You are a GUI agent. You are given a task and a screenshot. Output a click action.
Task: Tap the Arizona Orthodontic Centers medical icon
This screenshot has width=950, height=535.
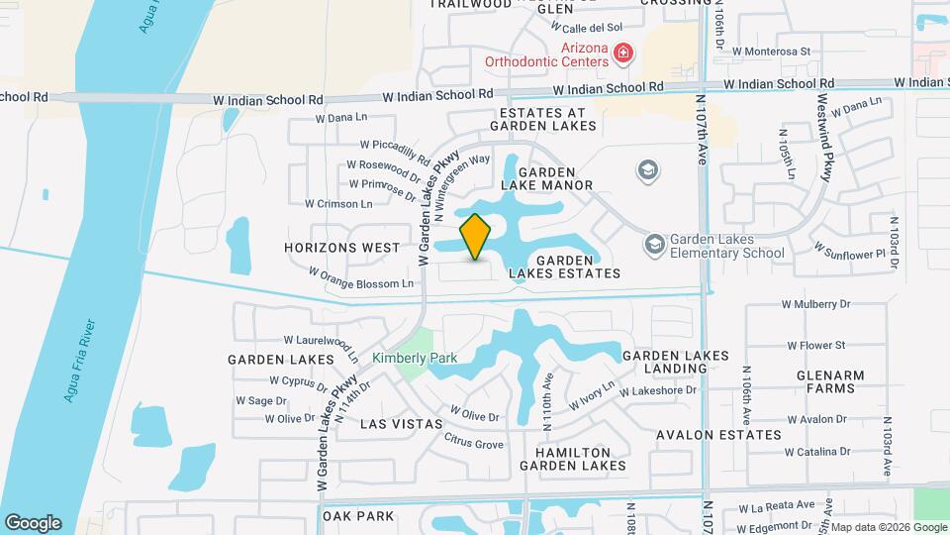tap(622, 53)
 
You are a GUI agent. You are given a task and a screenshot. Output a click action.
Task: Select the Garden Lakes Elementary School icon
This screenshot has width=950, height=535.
tap(654, 244)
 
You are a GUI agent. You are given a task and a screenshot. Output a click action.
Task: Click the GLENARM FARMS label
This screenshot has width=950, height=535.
tap(829, 382)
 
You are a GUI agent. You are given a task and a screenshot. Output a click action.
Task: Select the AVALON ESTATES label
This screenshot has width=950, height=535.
tap(717, 434)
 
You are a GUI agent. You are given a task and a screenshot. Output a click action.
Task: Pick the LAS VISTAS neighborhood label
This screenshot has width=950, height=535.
tap(401, 423)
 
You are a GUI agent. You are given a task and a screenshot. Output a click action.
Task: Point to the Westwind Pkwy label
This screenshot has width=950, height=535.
tap(823, 139)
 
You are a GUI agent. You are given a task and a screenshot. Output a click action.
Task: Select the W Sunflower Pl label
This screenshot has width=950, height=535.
tap(847, 253)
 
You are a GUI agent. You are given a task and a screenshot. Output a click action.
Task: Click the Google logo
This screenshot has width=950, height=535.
tap(33, 523)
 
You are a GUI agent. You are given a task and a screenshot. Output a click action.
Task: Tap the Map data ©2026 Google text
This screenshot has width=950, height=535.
tap(887, 526)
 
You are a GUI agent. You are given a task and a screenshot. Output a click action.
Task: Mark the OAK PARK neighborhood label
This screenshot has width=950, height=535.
tap(358, 516)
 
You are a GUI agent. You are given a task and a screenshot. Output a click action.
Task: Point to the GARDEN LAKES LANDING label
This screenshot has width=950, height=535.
tap(675, 362)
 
